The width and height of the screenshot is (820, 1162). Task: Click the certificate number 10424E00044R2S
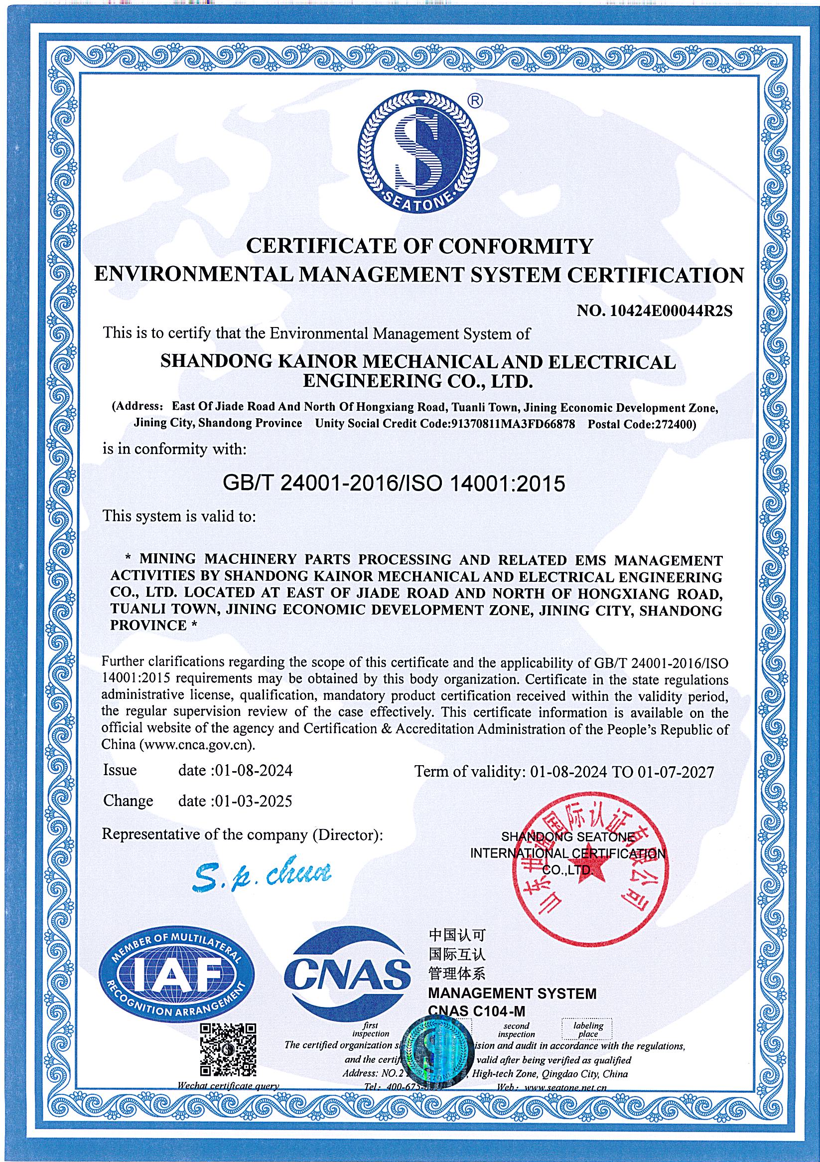coord(671,311)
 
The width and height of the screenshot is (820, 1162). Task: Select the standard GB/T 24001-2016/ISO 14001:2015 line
coord(394,484)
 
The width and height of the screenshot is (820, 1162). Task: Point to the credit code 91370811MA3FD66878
coord(513,424)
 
